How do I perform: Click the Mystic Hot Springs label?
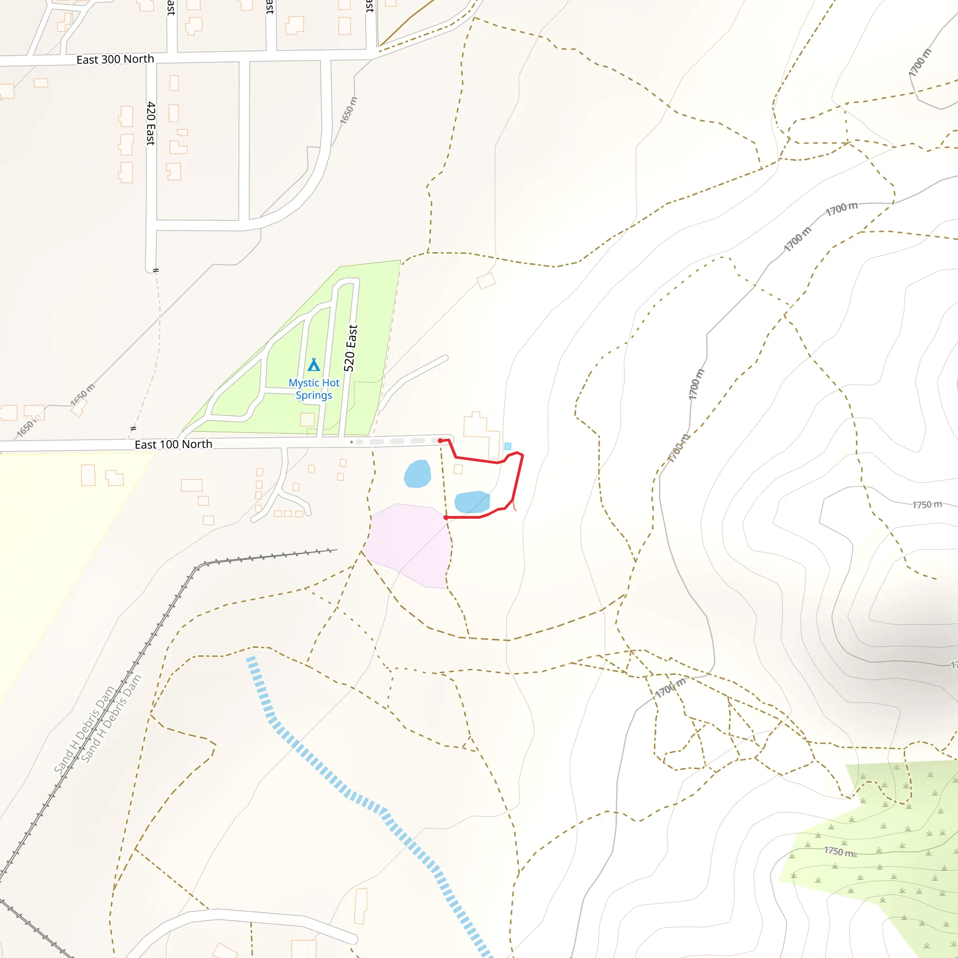[314, 389]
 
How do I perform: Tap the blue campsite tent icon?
[313, 365]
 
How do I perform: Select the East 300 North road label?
[115, 59]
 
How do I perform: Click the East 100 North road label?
[173, 444]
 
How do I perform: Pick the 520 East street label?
[350, 348]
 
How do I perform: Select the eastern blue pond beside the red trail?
[472, 502]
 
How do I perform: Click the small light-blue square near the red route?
[508, 446]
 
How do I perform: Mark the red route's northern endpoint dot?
[440, 440]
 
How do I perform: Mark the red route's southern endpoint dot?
[446, 518]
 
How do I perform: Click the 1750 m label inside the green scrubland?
[840, 851]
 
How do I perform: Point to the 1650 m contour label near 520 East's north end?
[348, 110]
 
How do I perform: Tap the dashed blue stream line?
[347, 793]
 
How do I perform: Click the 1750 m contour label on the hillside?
[927, 505]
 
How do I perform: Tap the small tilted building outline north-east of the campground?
[486, 281]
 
